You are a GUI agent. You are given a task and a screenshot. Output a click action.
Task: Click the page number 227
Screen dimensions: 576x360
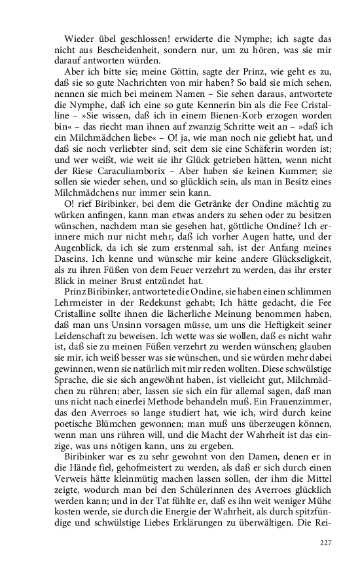325,543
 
